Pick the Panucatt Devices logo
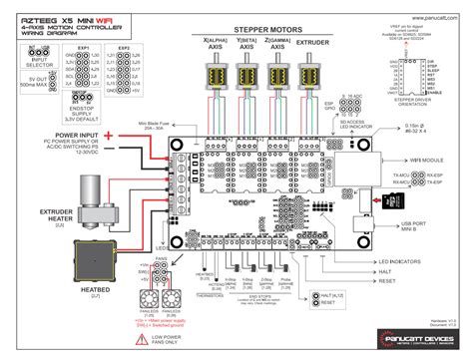[x=423, y=338]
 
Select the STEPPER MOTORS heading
[x=260, y=31]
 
